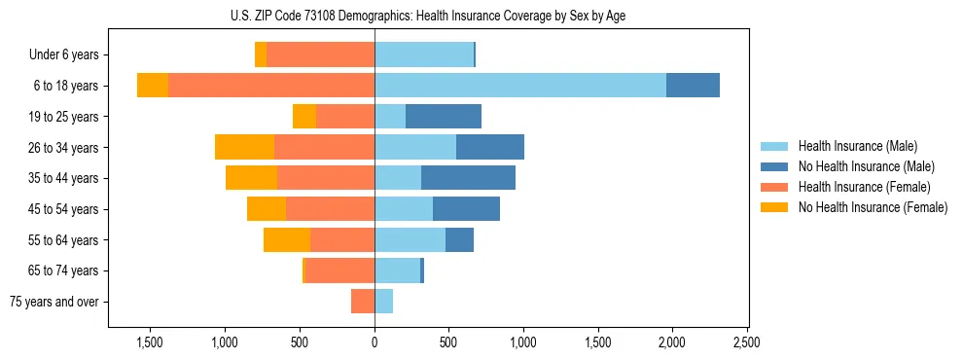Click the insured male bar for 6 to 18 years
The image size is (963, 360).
click(520, 86)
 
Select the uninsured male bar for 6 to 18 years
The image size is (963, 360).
click(693, 86)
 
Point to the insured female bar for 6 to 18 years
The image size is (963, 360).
click(271, 86)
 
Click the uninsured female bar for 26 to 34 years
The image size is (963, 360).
click(244, 147)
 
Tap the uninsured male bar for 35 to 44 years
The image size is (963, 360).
click(468, 178)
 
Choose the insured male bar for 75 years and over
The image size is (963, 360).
click(383, 302)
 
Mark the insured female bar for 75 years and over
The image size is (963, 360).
click(363, 302)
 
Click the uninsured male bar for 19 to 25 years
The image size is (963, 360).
click(444, 117)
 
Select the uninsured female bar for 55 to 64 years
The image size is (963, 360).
click(287, 239)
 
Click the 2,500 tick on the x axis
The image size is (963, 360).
click(746, 342)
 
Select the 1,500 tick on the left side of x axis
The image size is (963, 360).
click(150, 342)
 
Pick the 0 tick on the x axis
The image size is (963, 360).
click(374, 342)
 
